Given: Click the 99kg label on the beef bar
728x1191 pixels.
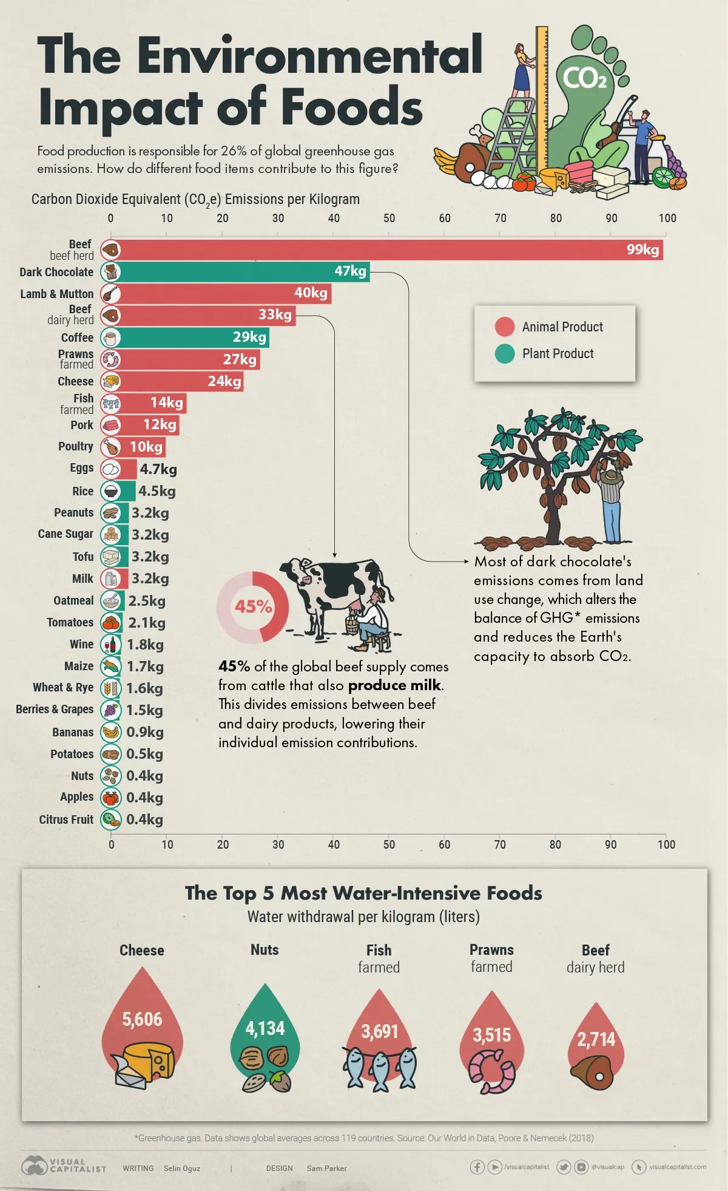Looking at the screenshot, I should [x=642, y=249].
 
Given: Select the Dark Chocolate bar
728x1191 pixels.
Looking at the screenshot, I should [x=243, y=271].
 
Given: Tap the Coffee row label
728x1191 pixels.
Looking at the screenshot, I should [x=77, y=338].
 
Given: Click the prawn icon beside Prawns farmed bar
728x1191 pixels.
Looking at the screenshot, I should [x=110, y=359].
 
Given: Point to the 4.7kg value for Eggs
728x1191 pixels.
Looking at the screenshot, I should [x=158, y=469].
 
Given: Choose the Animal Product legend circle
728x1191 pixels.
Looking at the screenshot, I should [x=504, y=327].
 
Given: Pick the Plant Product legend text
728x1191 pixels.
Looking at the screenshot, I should [x=558, y=353].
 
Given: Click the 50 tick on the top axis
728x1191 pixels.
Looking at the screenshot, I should [x=389, y=219].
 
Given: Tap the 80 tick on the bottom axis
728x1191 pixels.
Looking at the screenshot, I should [x=555, y=844].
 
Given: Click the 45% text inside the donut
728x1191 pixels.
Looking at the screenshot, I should [x=253, y=606].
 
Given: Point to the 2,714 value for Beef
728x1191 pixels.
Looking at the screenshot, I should [x=596, y=1039].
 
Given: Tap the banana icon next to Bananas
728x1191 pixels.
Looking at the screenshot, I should [x=110, y=732].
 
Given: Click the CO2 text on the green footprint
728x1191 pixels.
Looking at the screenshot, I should [x=584, y=78].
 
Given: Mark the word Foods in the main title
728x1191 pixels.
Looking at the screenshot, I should [x=352, y=107].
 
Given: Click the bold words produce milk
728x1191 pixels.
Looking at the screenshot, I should [x=394, y=685].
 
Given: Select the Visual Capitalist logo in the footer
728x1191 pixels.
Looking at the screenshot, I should [x=64, y=1165].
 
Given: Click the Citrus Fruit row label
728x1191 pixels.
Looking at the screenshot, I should [x=66, y=819].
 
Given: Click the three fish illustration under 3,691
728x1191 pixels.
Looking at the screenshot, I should [x=380, y=1068].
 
